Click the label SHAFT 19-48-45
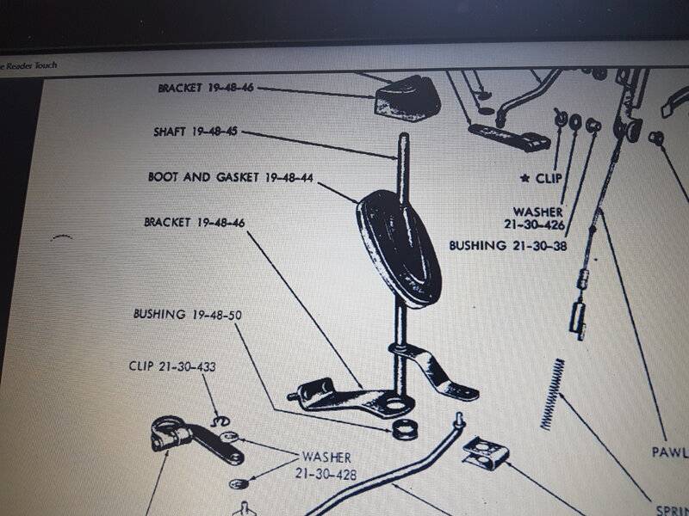pos(194,132)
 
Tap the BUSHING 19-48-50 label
pos(187,314)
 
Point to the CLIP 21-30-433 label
pos(171,366)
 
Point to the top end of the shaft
pos(402,138)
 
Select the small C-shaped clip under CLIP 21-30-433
pos(221,419)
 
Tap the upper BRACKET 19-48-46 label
pos(207,89)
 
